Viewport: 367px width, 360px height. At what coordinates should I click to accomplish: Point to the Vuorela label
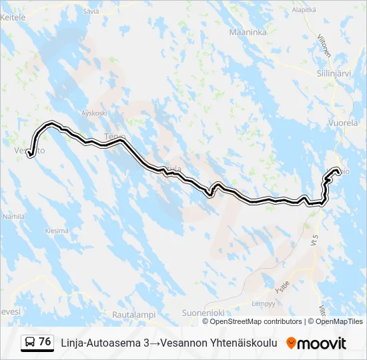coord(344,123)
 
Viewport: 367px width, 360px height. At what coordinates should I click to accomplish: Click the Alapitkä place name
coord(304,10)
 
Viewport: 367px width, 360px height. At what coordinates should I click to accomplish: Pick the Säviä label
coord(91,11)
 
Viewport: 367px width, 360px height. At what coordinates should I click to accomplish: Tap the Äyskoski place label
coord(93,113)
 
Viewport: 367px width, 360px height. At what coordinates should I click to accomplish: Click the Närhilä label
coord(13,217)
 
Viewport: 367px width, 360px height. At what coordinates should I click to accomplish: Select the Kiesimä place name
coord(56,231)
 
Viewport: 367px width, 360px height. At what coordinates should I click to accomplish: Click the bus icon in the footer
coord(30,343)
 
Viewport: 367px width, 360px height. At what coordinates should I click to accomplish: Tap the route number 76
coord(45,342)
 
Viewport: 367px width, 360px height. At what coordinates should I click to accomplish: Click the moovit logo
coord(316,343)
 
